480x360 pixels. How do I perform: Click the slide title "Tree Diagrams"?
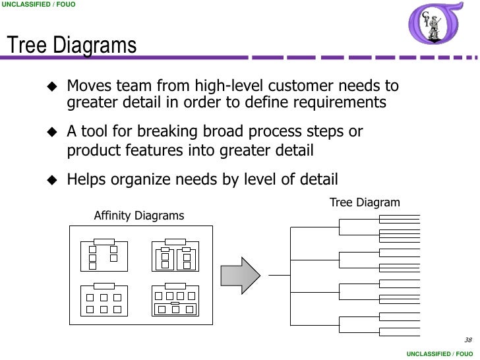[71, 46]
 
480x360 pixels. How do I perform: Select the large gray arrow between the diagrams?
[240, 275]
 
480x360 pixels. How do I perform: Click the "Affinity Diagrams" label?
[139, 216]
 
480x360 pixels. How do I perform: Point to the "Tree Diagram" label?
[365, 202]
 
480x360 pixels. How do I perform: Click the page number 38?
[468, 340]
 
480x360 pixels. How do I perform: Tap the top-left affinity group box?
[104, 256]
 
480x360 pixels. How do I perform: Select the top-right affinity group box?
[175, 256]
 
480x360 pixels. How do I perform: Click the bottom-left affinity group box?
[104, 301]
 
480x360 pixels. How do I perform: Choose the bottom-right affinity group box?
[175, 301]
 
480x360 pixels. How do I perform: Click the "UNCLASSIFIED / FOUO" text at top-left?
[39, 5]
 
